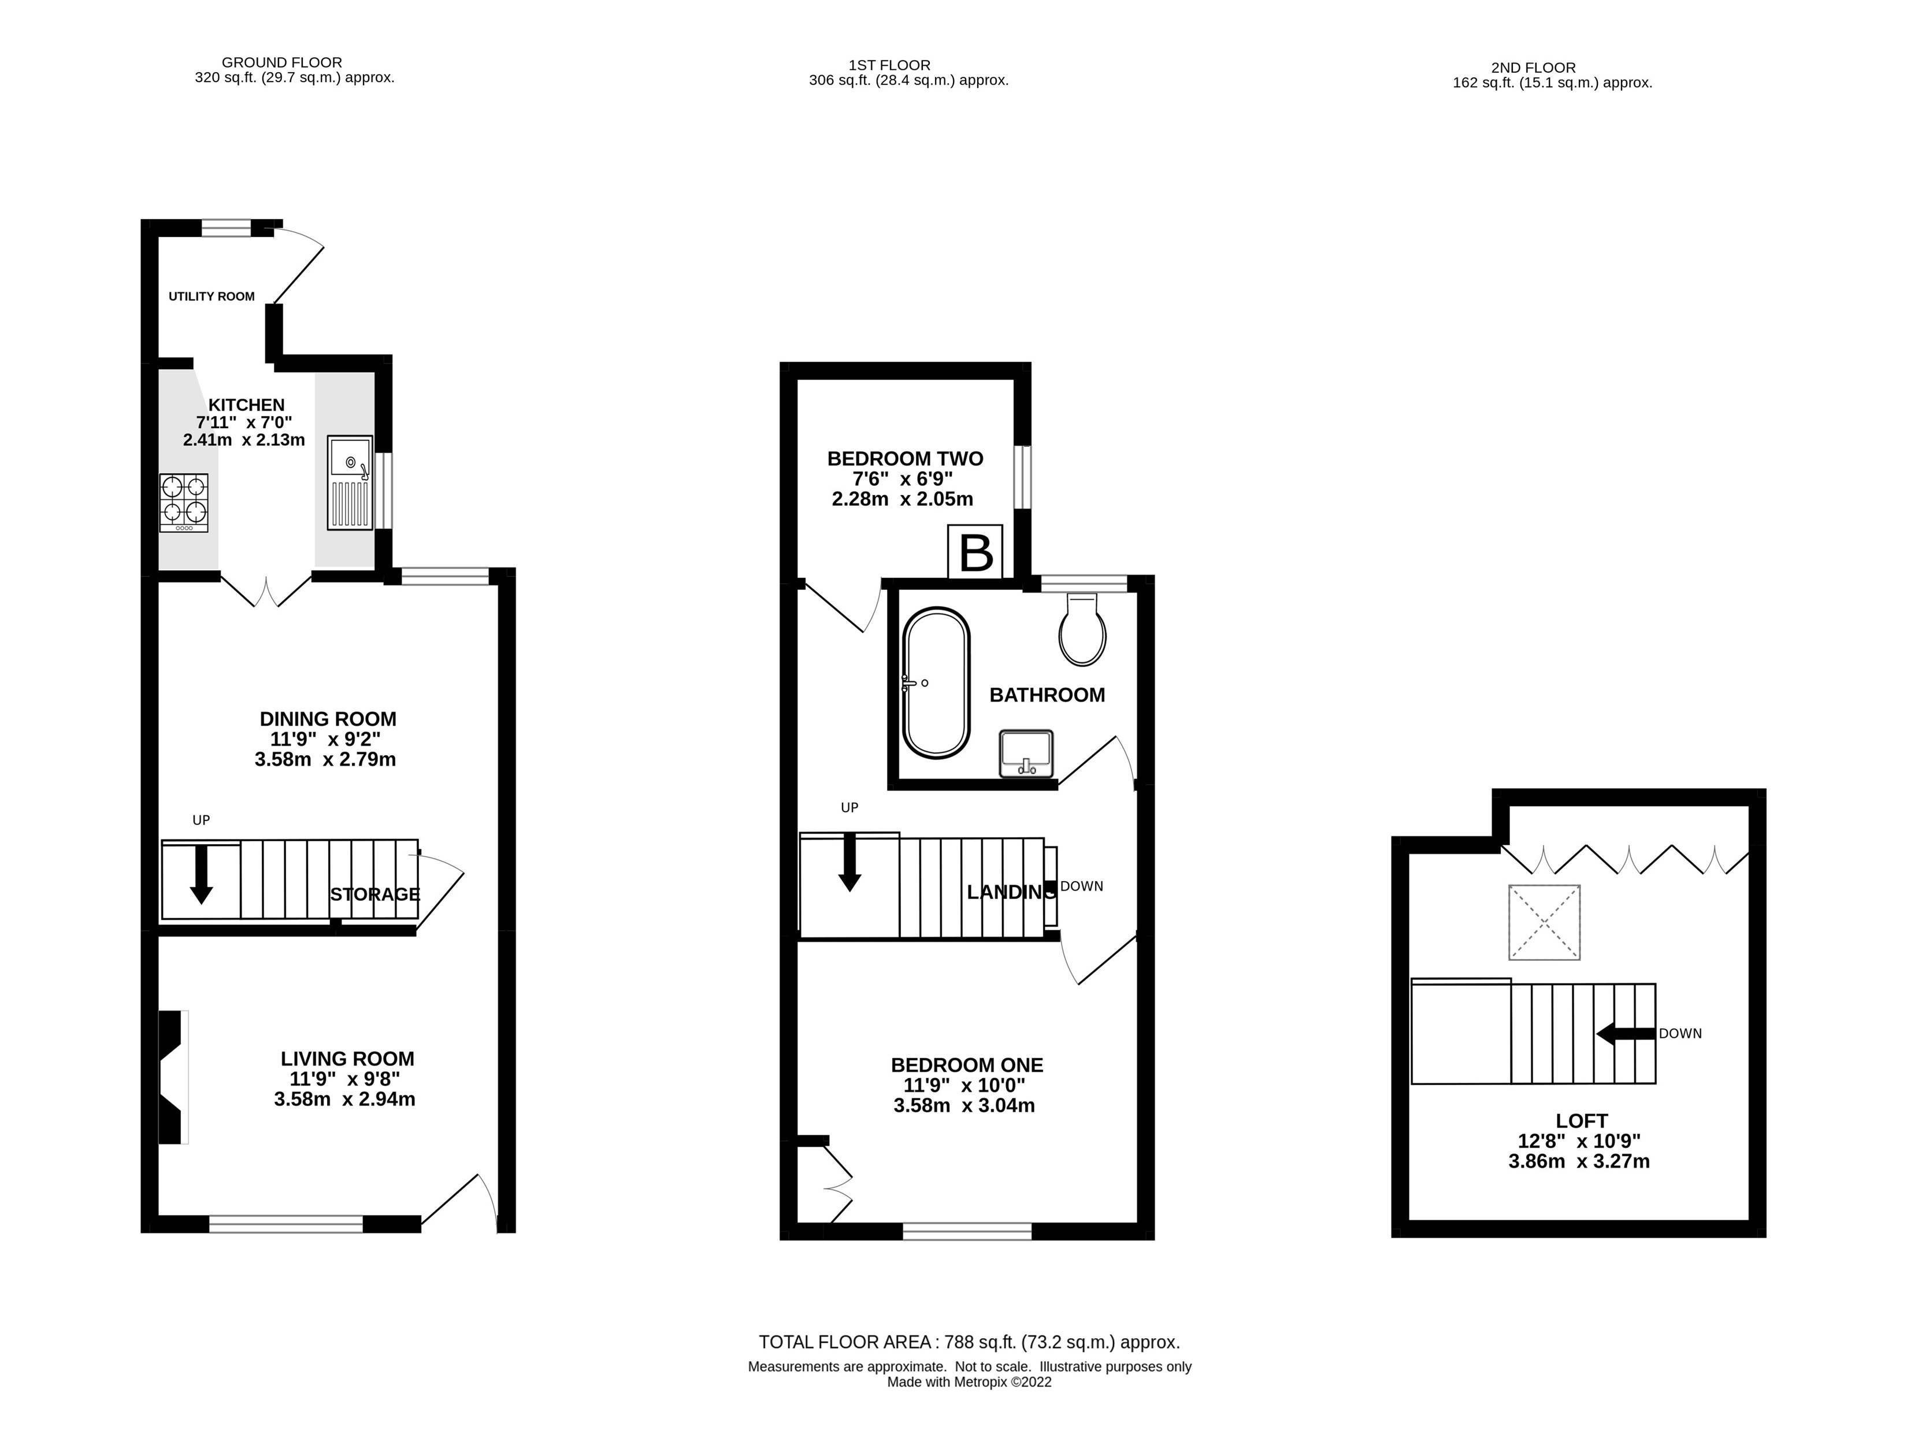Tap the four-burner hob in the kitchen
183,502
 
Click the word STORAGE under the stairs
374,894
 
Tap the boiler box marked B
975,552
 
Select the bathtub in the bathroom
936,683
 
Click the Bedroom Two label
904,459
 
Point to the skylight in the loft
1544,922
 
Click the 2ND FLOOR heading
1533,68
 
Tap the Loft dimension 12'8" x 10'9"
1579,1141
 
